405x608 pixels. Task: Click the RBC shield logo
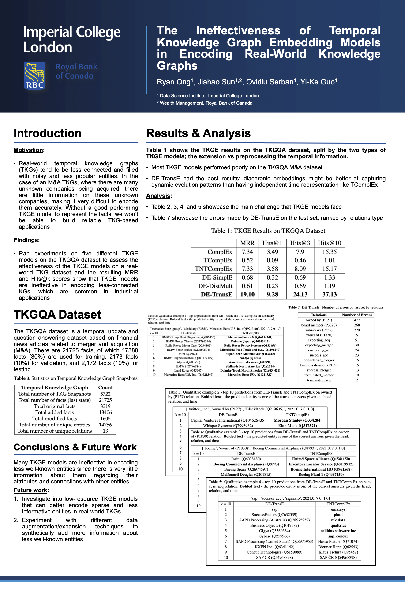(35, 76)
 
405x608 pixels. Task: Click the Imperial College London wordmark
(72, 39)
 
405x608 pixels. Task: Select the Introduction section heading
(48, 133)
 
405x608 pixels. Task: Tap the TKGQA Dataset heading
(57, 315)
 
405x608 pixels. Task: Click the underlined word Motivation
(28, 150)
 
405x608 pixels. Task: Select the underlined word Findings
(26, 240)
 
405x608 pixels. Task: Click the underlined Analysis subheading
(158, 196)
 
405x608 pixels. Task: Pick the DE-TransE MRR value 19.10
(247, 294)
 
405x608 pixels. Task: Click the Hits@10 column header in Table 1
(329, 243)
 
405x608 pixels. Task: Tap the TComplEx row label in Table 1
(218, 260)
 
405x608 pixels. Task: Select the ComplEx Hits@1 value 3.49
(272, 252)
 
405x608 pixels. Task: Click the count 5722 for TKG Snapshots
(105, 394)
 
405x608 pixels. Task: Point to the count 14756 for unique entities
(105, 425)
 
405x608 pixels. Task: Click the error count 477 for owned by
(357, 320)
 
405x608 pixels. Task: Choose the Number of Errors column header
(357, 315)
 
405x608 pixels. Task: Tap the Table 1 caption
(268, 231)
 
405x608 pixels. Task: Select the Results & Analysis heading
(198, 133)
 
